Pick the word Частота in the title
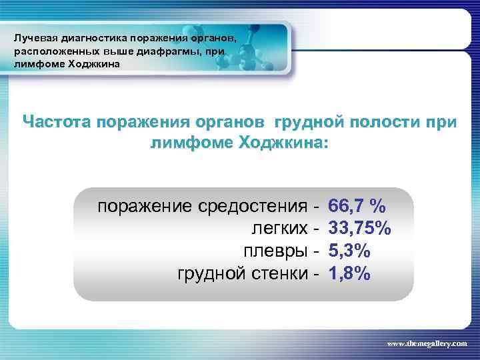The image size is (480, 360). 55,123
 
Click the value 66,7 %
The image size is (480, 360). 358,206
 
